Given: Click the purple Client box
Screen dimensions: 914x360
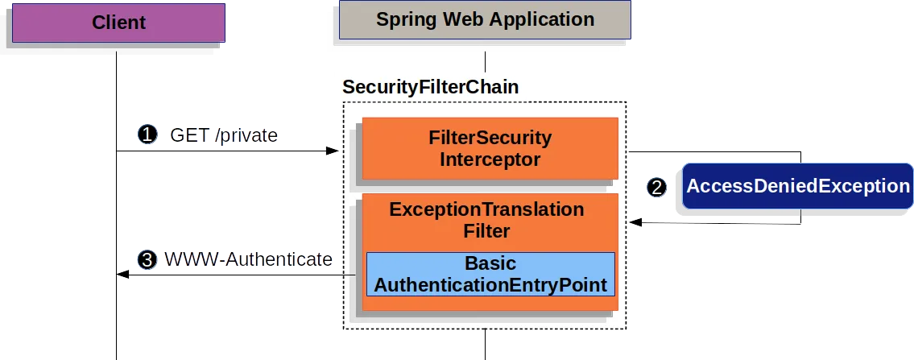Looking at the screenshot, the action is coord(118,23).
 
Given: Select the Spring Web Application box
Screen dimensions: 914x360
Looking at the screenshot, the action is coord(485,20).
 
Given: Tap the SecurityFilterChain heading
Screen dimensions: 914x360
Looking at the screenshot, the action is coord(430,87).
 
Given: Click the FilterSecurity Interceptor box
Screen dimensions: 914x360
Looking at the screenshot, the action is coord(490,148).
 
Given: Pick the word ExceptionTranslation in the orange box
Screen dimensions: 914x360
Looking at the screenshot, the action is coord(486,209).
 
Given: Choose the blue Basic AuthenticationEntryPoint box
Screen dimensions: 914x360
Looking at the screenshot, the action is coord(490,274).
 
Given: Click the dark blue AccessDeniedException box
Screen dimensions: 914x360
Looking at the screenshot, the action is coord(798,186).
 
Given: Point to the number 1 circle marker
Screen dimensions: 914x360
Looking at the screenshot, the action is coord(147,135).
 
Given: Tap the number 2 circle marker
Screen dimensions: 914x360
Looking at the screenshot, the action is coord(657,188).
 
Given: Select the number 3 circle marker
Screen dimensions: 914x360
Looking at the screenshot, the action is coord(147,260).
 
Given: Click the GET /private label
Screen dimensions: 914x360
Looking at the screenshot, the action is coord(224,136).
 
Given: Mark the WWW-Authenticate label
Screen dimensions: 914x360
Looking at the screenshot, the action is coord(249,259).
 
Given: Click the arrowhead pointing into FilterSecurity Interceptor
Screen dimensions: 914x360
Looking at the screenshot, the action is coord(333,151).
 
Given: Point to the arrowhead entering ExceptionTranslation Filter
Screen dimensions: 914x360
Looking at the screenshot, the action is coord(636,222).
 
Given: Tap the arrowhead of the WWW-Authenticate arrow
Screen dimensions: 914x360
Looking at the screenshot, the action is coord(123,275).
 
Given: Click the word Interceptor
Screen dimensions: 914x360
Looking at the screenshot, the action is coord(490,159).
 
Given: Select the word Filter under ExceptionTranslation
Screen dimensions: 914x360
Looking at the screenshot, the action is coord(486,231).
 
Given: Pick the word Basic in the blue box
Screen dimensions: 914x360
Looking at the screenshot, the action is coord(490,263).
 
